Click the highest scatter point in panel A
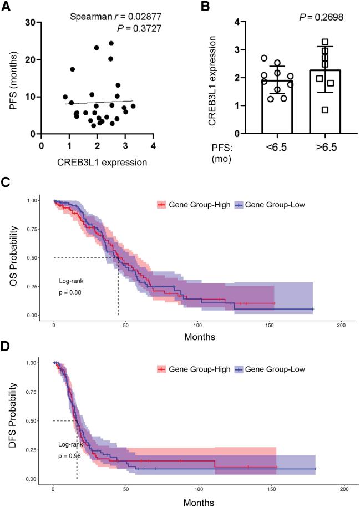click(x=111, y=43)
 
